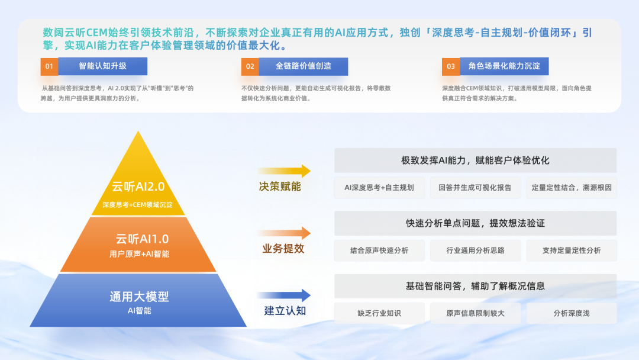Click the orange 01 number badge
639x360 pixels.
[x=49, y=66]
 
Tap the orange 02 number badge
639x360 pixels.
[x=250, y=66]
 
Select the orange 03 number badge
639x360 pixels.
[x=451, y=66]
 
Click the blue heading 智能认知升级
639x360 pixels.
[x=103, y=66]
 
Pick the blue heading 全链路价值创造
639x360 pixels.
[x=304, y=66]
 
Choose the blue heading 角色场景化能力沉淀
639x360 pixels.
[x=504, y=66]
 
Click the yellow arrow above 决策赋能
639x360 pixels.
[x=283, y=171]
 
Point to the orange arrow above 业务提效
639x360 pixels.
[x=283, y=233]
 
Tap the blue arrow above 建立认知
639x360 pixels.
[x=283, y=295]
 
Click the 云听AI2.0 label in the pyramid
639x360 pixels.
[x=138, y=187]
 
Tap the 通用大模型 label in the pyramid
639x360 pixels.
[x=139, y=297]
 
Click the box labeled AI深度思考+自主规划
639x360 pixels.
[x=379, y=188]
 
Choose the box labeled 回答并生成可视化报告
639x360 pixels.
[x=475, y=188]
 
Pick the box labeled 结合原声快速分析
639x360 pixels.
[x=379, y=250]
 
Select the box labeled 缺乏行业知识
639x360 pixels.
[x=379, y=313]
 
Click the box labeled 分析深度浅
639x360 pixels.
[x=572, y=313]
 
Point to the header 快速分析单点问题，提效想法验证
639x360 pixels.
[x=475, y=223]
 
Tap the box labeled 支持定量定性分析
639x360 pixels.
[x=572, y=250]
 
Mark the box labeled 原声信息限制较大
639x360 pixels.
[x=475, y=313]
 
